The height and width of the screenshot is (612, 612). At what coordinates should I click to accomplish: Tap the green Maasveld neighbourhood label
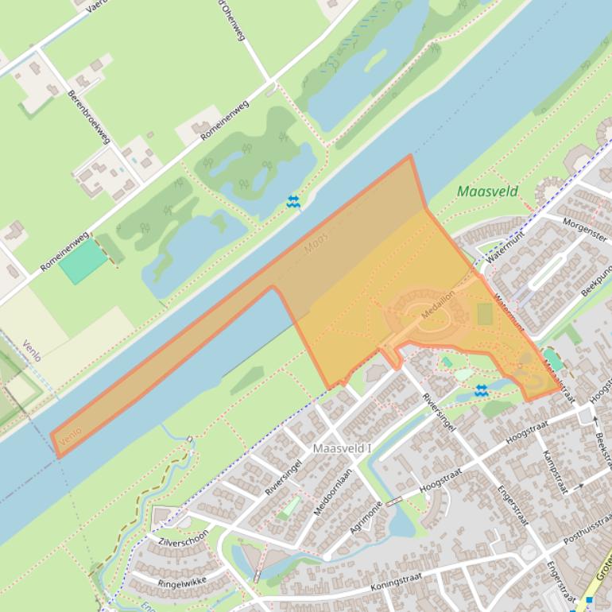click(x=487, y=192)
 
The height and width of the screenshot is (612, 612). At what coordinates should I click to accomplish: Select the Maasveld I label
click(x=343, y=448)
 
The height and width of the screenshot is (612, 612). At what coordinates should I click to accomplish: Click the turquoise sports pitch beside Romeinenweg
click(x=83, y=261)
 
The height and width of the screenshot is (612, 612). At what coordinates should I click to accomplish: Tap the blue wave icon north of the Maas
click(x=293, y=202)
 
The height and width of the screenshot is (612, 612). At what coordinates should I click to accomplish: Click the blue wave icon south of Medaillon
click(x=481, y=390)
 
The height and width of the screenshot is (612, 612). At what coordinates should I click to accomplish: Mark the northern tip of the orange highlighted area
click(x=410, y=156)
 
